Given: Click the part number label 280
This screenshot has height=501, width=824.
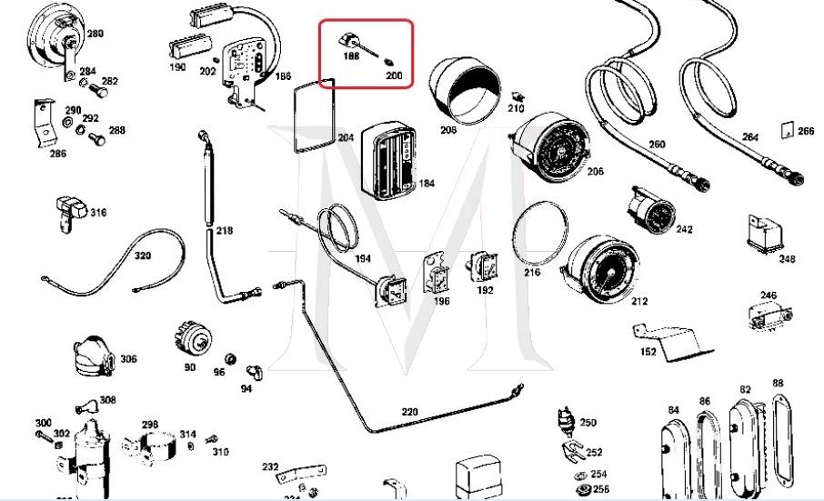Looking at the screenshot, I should pos(95,34).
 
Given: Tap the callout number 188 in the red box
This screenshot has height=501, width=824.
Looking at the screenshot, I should pos(351,55).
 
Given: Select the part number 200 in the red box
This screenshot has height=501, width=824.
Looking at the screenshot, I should pos(394,75).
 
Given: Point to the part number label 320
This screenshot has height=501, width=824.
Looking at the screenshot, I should pos(143,256).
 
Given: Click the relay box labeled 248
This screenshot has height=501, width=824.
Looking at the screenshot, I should pos(765,233).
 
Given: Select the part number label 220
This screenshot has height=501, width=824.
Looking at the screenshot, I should pos(409,412).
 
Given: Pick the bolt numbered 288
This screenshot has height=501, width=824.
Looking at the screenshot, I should pos(116,130).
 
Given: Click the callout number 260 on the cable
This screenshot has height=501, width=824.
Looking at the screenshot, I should pos(657,144).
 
